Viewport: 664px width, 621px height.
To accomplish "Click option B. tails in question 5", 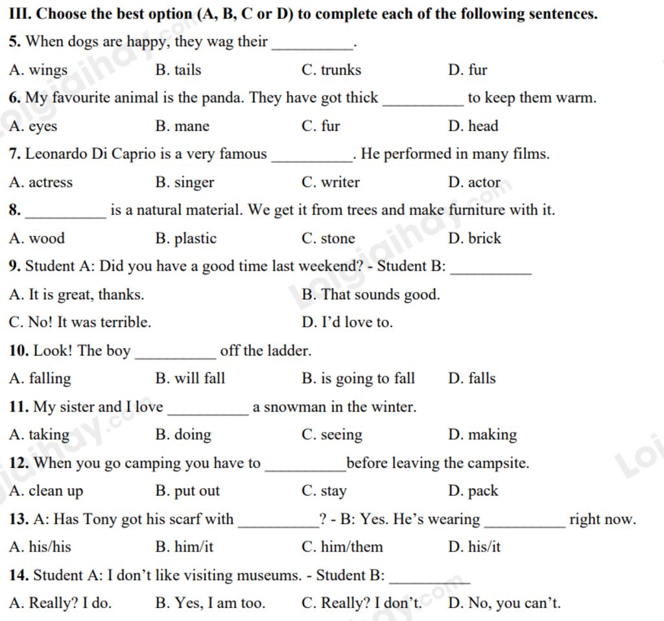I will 178,70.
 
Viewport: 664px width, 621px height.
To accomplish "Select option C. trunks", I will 331,70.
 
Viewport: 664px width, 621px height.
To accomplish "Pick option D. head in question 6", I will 473,126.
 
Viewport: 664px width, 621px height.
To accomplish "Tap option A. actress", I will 41,182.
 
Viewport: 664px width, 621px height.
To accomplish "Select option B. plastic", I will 186,238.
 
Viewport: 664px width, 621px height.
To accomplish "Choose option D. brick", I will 475,238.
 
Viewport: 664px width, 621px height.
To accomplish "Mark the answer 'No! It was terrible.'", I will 80,323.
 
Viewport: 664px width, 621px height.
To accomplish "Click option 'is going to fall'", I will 359,378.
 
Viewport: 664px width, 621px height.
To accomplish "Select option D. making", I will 482,435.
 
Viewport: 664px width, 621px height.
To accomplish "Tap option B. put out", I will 187,491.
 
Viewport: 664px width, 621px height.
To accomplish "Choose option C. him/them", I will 342,547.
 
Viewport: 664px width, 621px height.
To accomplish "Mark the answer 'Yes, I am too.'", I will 210,603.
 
